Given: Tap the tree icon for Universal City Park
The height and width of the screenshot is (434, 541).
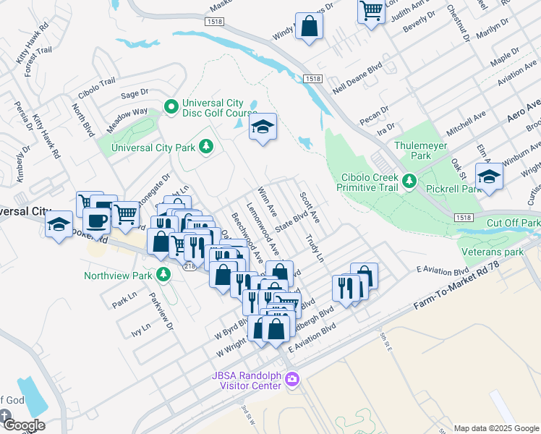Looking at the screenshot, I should [207, 148].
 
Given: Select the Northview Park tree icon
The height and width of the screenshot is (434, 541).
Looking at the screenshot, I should [164, 275].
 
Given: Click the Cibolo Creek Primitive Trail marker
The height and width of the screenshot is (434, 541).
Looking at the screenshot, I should [409, 180].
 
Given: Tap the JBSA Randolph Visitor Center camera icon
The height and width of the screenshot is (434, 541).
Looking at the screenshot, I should [291, 378].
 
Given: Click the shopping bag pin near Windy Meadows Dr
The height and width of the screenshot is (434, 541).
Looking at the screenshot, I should [310, 27].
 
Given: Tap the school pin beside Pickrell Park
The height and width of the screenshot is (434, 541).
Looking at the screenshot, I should [490, 176].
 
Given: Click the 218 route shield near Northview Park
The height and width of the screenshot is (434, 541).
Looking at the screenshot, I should [189, 267].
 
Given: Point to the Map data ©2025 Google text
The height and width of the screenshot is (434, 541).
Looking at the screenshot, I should [495, 428].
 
